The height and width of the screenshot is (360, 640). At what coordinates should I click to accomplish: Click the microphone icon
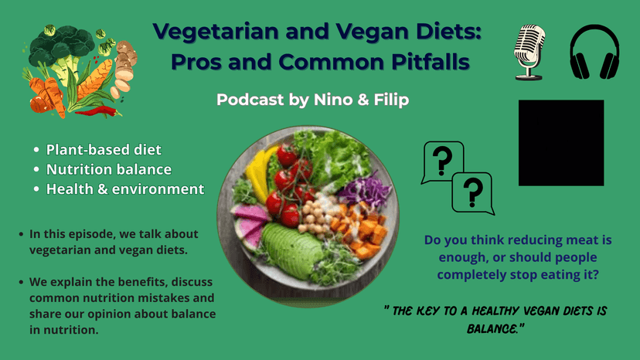529,53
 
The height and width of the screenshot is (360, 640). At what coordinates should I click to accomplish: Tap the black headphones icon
594,52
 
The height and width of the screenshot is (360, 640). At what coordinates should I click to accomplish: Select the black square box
561,143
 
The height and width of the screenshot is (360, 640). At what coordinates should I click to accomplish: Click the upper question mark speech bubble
442,161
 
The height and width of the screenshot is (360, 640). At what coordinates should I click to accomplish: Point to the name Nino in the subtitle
333,100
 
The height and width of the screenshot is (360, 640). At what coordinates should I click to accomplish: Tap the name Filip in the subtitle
391,100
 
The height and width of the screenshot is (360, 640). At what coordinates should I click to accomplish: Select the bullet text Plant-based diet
104,150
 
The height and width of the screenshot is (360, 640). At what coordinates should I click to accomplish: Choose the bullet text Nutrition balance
109,169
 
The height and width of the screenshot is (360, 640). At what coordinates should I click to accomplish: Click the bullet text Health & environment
125,189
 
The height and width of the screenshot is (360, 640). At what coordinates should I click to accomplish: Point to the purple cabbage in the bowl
365,190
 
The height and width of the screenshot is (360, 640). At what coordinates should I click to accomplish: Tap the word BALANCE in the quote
492,328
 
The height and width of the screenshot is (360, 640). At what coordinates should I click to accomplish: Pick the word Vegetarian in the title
216,32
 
